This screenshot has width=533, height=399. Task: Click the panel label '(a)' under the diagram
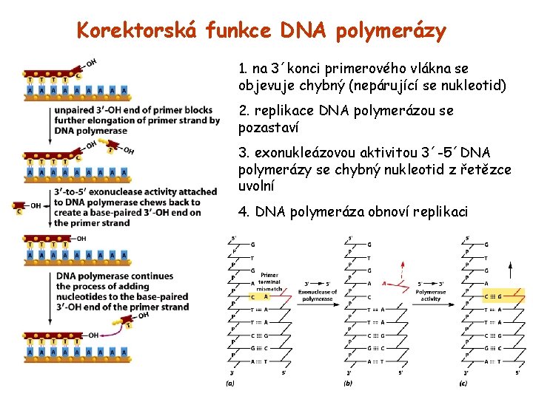[x=230, y=383]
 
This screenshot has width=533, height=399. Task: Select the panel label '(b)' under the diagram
[x=349, y=383]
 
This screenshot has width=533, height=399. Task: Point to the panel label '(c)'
[x=463, y=383]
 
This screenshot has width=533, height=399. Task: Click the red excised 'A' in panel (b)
[x=384, y=283]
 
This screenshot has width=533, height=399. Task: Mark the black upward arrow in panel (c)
[x=509, y=270]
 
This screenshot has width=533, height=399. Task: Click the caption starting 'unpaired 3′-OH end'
[x=136, y=120]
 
